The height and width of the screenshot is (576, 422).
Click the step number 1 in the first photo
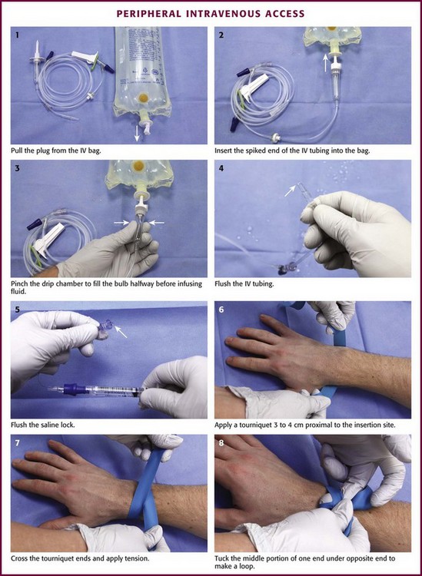[x=17, y=35]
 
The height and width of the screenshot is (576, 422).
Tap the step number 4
[x=221, y=169]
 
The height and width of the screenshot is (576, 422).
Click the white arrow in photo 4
[x=291, y=191]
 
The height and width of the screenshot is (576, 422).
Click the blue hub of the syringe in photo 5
[x=72, y=389]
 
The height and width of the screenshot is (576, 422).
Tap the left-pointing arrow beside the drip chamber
[x=157, y=222]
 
